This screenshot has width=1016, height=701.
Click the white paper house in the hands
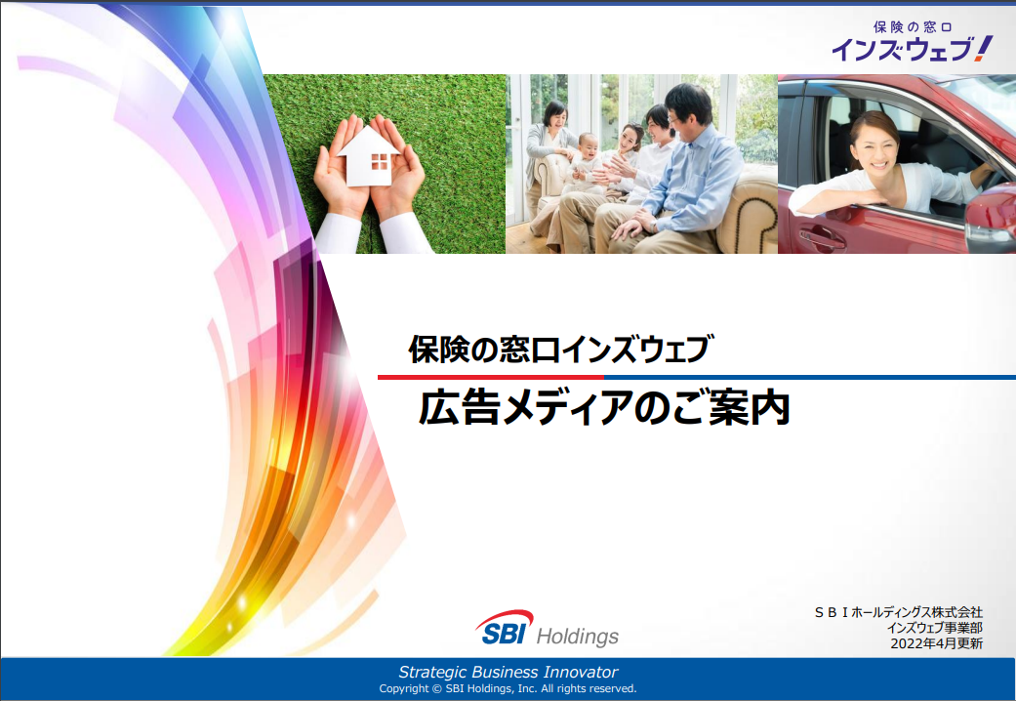click(367, 156)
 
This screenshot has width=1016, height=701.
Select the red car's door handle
click(821, 237)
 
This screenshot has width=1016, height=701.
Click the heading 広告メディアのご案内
click(604, 408)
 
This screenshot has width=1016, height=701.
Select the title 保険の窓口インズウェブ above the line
click(561, 349)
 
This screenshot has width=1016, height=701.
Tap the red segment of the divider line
click(491, 377)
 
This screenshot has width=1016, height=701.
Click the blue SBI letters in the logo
click(505, 634)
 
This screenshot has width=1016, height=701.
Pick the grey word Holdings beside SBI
click(578, 637)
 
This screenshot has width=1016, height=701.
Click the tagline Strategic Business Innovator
click(508, 672)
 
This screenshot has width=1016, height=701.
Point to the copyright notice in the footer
click(508, 688)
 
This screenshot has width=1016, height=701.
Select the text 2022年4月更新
click(936, 643)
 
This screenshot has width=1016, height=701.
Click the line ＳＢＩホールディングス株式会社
click(898, 612)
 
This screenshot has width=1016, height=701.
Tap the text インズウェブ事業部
click(934, 628)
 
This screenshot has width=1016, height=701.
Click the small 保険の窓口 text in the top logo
click(913, 27)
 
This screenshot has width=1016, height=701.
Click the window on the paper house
click(379, 161)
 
